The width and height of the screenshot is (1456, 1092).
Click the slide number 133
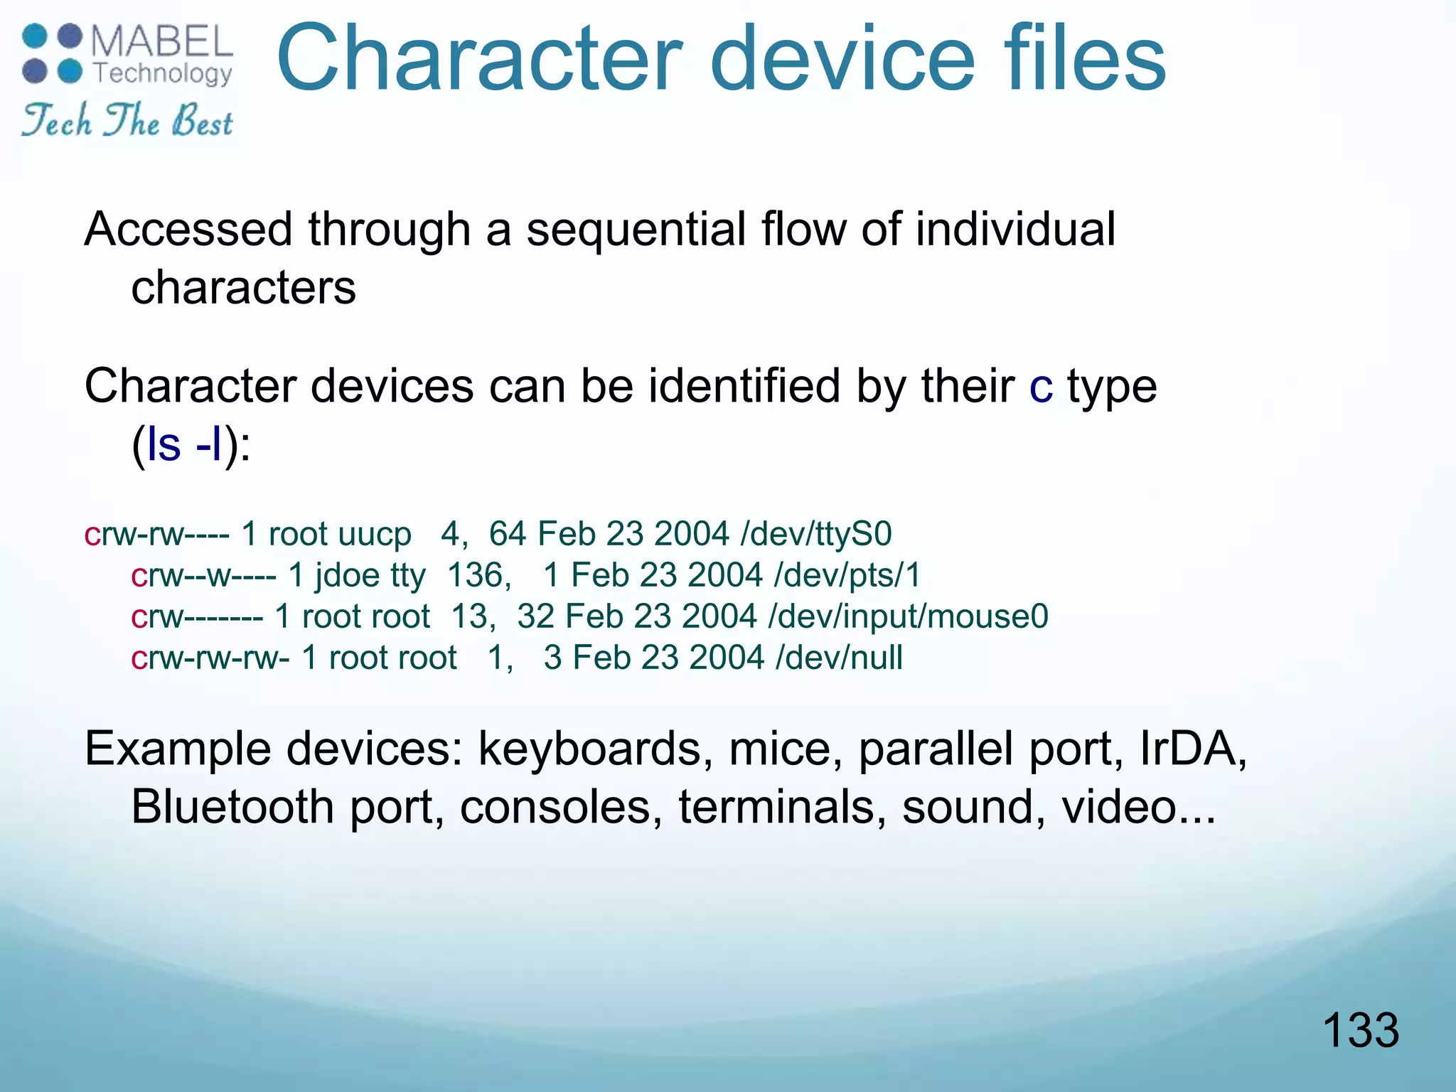click(x=1360, y=1030)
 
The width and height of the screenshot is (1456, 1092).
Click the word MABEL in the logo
click(x=162, y=42)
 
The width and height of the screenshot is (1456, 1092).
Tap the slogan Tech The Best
click(x=127, y=120)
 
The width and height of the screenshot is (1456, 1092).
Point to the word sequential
click(x=637, y=230)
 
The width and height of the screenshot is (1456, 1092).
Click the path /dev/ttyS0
click(x=816, y=534)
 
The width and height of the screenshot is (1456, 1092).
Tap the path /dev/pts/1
click(x=847, y=575)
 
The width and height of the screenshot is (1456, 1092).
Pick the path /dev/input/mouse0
click(x=908, y=616)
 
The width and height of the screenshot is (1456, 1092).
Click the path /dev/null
click(x=839, y=658)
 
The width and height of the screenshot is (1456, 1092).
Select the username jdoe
click(x=347, y=575)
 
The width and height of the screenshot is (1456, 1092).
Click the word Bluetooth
click(x=233, y=807)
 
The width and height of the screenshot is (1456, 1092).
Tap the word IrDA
click(x=1192, y=749)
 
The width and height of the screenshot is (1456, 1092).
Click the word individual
click(x=1015, y=230)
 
